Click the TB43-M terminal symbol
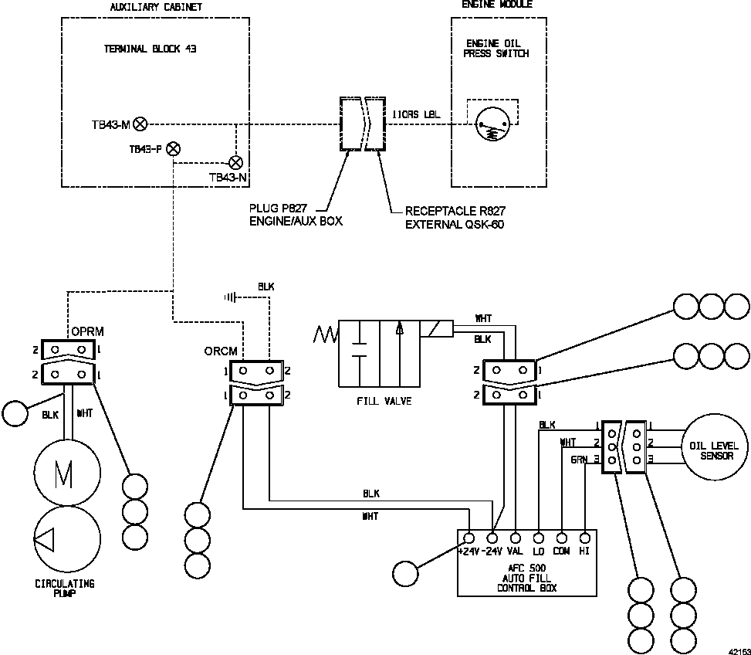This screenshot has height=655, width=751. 140,124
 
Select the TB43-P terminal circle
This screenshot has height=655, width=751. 174,149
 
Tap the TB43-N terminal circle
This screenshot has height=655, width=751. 236,162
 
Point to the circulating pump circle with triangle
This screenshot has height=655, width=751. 66,538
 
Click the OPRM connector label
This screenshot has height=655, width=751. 87,332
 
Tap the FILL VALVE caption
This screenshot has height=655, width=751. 384,401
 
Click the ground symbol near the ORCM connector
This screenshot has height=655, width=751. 230,296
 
